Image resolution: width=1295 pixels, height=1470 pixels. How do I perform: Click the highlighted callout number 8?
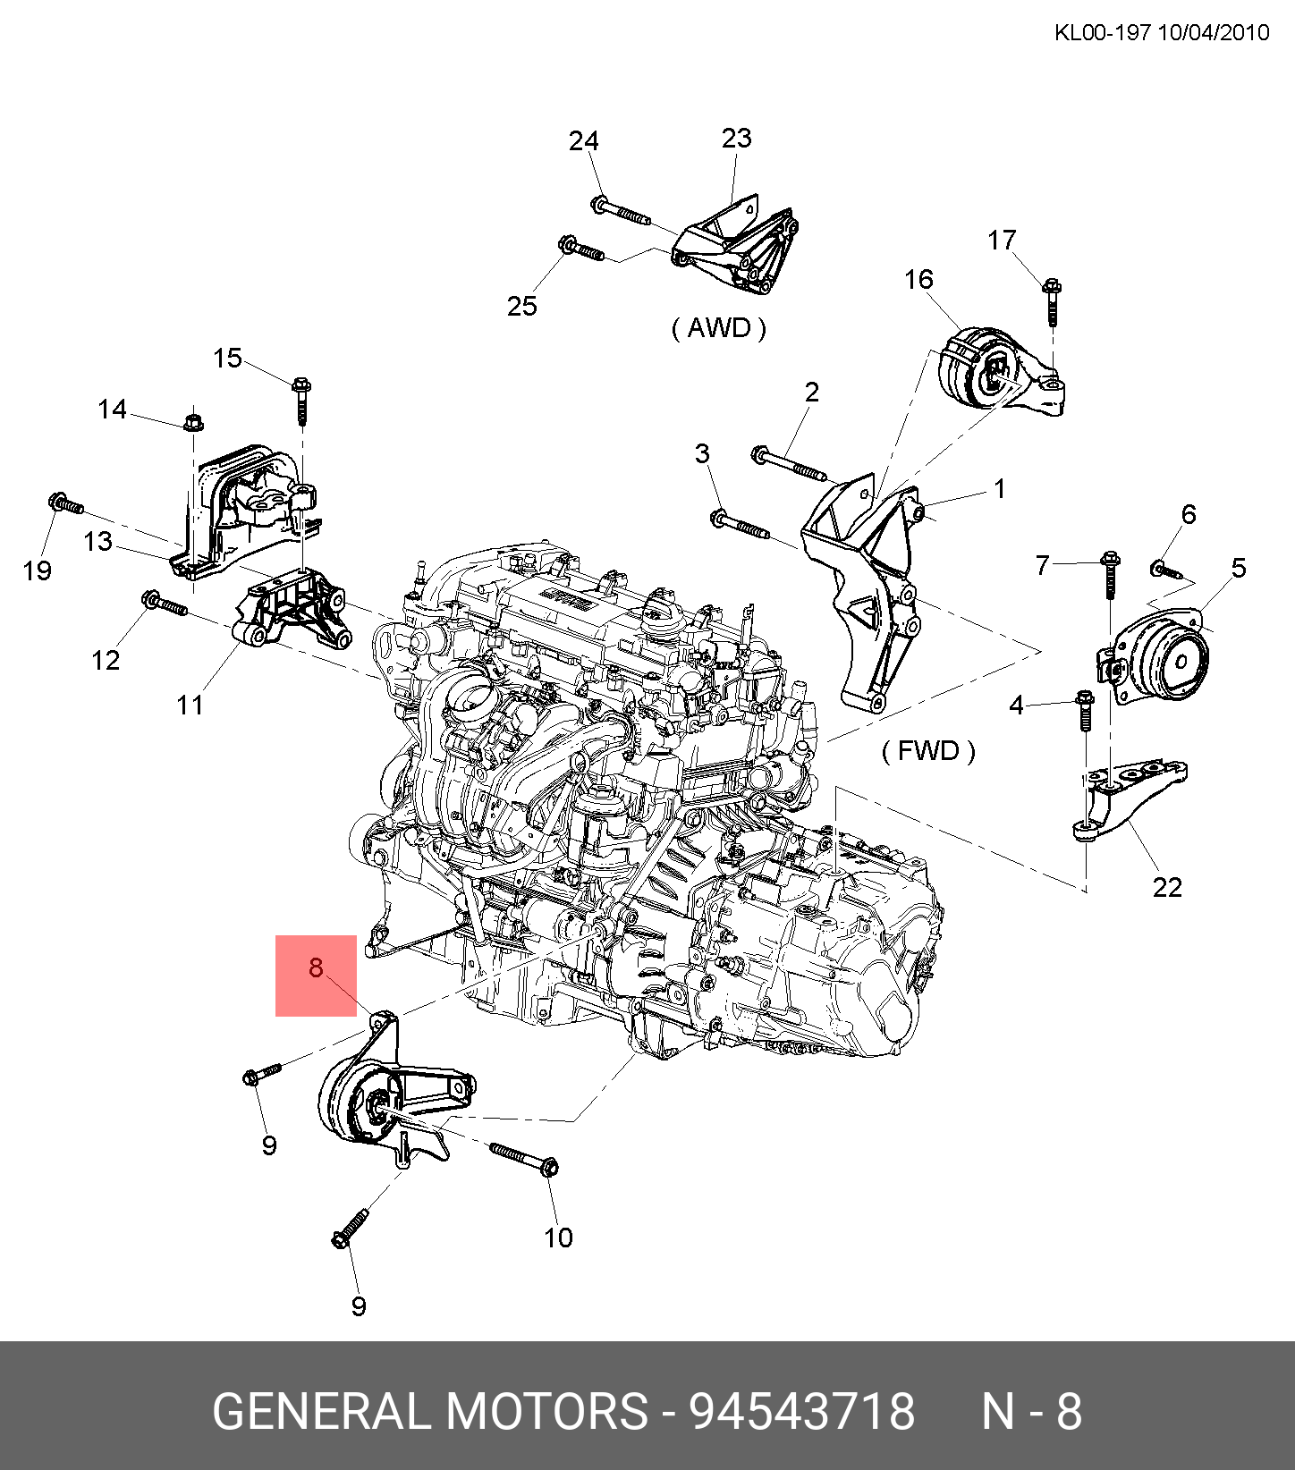[x=316, y=967]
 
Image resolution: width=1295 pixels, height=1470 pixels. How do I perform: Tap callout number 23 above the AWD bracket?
[x=736, y=139]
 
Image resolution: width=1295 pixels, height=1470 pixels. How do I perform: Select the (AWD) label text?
[x=718, y=328]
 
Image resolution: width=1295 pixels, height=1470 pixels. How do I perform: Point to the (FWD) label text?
[x=928, y=750]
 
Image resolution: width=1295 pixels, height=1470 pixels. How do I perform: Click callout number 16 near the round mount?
[x=918, y=280]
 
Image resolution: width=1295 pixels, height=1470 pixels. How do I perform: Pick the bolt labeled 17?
[x=1052, y=302]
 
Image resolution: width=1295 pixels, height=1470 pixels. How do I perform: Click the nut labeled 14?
[x=192, y=420]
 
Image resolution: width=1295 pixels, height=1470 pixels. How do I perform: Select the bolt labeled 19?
[x=65, y=504]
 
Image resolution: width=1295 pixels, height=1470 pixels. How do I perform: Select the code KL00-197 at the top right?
[x=1101, y=33]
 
